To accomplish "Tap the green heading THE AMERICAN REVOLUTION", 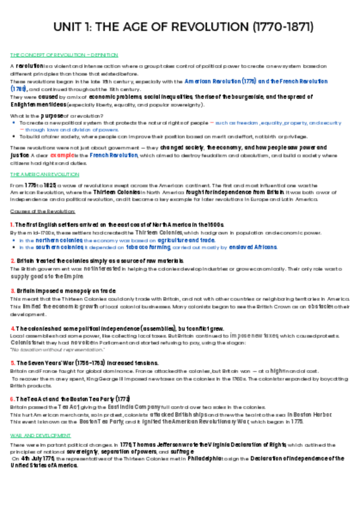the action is coord(40,174).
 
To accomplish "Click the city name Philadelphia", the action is coord(212,458).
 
